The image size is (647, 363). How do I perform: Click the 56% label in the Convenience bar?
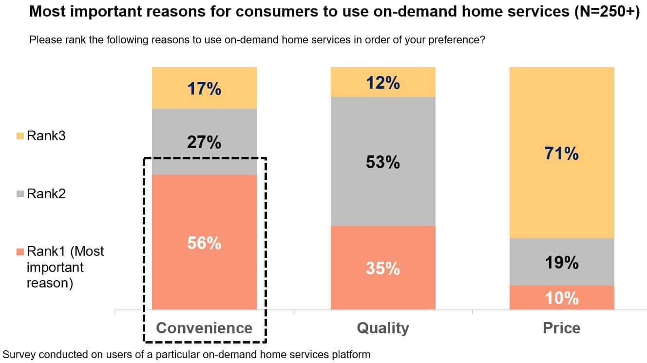[x=205, y=243]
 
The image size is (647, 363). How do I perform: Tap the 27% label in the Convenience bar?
[x=205, y=142]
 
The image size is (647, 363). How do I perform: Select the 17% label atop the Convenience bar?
[x=205, y=89]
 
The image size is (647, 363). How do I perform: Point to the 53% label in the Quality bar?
[x=383, y=162]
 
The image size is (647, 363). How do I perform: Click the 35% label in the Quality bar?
[x=383, y=268]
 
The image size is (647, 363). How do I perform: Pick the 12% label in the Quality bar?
[x=383, y=83]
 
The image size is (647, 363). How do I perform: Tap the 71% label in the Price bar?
[x=562, y=154]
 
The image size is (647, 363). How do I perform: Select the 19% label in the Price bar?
[x=562, y=263]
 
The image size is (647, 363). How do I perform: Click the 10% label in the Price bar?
[x=562, y=298]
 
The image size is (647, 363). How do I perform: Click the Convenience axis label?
[x=204, y=327]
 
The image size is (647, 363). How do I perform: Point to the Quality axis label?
[x=383, y=327]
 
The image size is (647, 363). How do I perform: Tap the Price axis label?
[x=562, y=327]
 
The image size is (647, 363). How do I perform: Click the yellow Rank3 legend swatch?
[x=20, y=136]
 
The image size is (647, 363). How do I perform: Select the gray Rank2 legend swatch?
[x=20, y=194]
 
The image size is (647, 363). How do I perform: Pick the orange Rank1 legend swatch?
[x=20, y=252]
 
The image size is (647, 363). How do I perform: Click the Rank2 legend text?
[x=46, y=194]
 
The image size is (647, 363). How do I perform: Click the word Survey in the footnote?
[x=18, y=354]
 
